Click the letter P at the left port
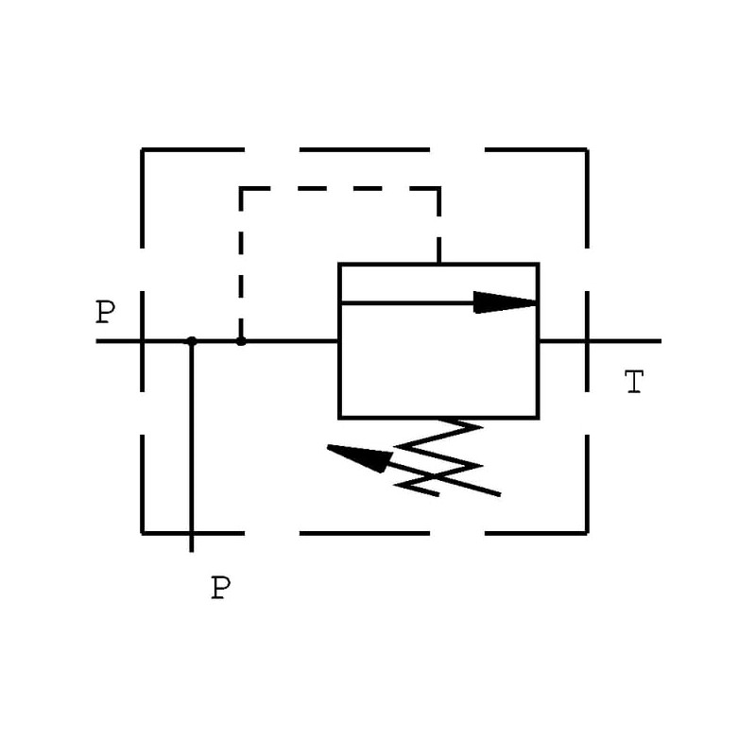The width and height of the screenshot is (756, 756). pos(105,313)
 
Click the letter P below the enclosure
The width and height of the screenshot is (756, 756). pos(220,589)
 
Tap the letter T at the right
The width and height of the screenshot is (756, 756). pos(634,383)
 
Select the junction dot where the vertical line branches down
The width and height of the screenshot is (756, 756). pos(192,341)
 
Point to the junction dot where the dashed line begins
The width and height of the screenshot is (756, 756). pos(241,341)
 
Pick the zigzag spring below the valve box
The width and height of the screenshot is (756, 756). pos(444,456)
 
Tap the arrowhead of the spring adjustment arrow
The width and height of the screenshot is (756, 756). pos(360,456)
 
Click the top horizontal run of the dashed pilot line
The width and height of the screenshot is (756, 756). pos(340,188)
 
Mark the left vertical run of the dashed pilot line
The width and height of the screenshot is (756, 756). pos(241,265)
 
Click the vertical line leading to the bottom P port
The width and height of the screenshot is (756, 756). pos(192,444)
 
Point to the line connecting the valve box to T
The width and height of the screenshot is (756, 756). pos(599,340)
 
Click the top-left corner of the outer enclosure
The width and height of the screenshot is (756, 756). pos(143,149)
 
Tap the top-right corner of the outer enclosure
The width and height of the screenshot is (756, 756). pos(587,149)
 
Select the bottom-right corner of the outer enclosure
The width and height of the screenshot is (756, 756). pos(587,533)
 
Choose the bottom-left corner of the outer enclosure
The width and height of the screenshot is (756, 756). pos(143,533)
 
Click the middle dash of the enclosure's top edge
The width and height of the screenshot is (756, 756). pos(365,149)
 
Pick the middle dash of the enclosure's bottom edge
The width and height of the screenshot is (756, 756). pos(365,533)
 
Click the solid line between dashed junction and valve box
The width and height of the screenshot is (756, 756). pos(290,340)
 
